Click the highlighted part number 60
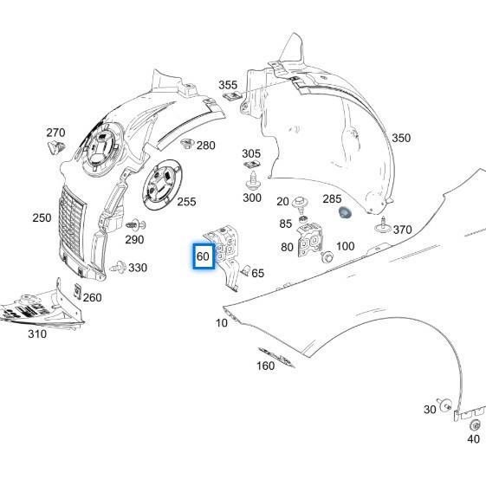pos(203,256)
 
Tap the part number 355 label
pos(228,85)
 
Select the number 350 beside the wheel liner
pos(401,138)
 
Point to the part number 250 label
pos(42,217)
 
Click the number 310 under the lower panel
pos(36,334)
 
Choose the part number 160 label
pos(265,366)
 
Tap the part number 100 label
pos(345,247)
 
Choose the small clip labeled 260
pos(77,290)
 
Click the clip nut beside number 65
pos(245,271)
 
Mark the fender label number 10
pos(222,322)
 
